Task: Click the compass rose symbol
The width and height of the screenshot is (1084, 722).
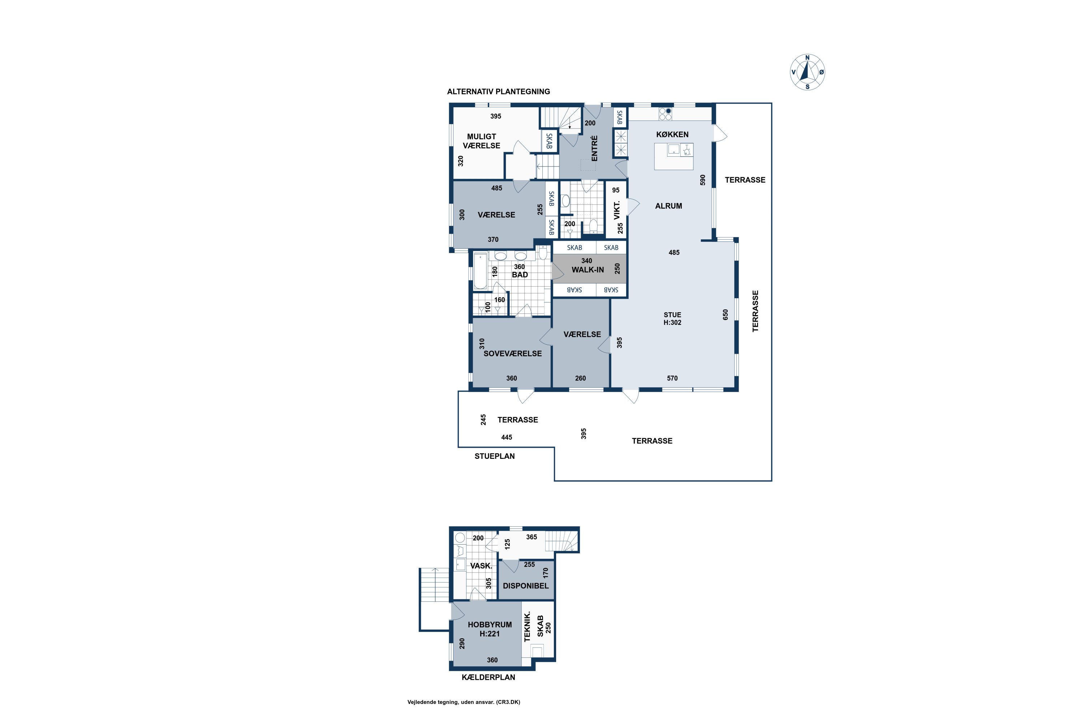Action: point(808,72)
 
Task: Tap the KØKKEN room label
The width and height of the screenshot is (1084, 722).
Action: point(672,134)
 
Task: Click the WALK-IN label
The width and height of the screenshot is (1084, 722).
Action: point(588,270)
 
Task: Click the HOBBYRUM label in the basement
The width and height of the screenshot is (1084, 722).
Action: point(490,625)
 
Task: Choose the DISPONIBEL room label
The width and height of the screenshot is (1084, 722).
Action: point(526,586)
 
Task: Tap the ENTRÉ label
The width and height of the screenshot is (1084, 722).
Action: point(594,148)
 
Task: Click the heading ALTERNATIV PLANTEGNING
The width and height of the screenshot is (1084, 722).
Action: point(499,92)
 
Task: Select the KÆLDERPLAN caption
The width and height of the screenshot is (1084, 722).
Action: point(489,677)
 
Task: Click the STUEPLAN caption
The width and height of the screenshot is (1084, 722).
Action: point(495,456)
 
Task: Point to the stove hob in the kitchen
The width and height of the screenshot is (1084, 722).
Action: point(665,114)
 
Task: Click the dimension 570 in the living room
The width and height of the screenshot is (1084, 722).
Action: point(672,378)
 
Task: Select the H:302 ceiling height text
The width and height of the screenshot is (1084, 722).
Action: point(672,322)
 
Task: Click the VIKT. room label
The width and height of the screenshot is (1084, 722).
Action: point(617,210)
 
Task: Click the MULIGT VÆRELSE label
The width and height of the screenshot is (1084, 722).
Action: point(482,141)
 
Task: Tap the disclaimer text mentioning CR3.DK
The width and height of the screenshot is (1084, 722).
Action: point(464,702)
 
